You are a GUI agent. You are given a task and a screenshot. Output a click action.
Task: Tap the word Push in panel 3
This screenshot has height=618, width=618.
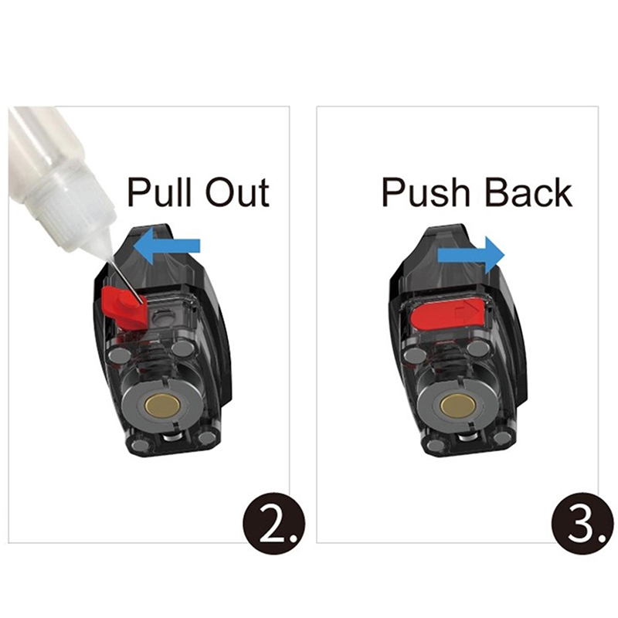(426, 192)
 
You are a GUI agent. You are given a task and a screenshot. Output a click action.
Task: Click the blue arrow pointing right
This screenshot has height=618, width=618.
(471, 255)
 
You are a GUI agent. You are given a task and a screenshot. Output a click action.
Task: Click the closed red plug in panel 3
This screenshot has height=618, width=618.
(447, 314)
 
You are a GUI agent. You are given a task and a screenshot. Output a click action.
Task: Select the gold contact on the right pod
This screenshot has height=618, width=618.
(458, 405)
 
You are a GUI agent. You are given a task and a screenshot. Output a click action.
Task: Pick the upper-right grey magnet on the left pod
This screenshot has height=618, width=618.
(183, 348)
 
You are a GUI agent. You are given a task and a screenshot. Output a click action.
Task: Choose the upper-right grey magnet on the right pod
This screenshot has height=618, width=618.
(478, 348)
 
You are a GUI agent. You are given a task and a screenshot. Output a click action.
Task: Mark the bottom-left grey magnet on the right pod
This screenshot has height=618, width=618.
(436, 446)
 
